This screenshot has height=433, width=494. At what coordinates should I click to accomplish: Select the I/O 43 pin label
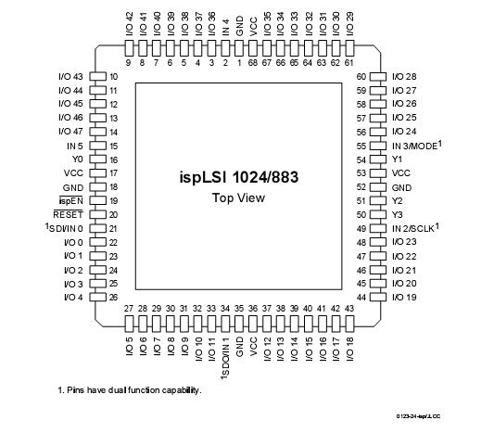[x=70, y=76]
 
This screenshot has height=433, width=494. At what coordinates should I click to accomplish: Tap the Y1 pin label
[x=399, y=159]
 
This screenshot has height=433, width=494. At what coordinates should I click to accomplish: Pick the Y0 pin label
[x=77, y=159]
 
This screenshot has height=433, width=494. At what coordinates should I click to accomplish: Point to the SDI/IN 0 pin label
[x=66, y=228]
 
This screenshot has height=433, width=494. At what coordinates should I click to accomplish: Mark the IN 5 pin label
[x=73, y=146]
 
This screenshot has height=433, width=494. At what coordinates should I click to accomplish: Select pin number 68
[x=253, y=63]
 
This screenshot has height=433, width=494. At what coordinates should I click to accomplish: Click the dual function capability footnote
[x=129, y=390]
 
